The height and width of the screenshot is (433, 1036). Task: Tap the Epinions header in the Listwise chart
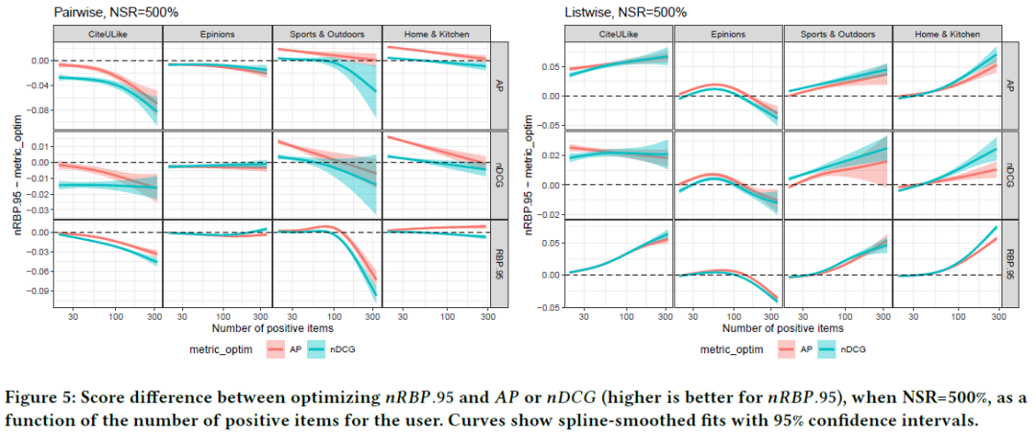point(728,34)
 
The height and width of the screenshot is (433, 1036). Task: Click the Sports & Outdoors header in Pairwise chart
point(326,34)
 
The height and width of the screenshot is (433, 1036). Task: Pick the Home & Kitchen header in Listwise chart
point(947,34)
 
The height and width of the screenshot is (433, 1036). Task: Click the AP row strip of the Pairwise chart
point(499,85)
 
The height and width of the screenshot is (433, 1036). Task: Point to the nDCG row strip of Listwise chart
point(1009,174)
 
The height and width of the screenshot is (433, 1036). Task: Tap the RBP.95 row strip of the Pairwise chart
point(499,263)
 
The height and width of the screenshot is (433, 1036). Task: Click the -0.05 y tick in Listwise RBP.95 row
point(550,307)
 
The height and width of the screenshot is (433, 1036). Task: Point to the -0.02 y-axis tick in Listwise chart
point(550,214)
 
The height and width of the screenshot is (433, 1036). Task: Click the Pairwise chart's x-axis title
point(271,329)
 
